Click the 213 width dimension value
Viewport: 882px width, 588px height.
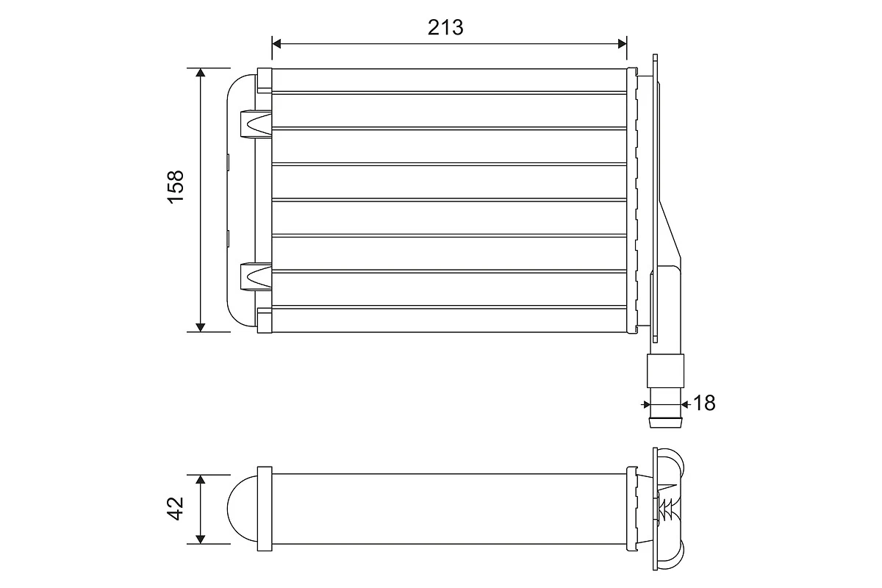(445, 27)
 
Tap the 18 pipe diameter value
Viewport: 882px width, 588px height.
(704, 403)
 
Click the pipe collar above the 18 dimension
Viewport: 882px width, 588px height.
(664, 371)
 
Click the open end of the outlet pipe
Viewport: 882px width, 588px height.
(665, 423)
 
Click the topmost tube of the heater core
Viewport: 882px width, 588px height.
(448, 79)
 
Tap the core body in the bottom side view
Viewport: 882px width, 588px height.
(448, 508)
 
